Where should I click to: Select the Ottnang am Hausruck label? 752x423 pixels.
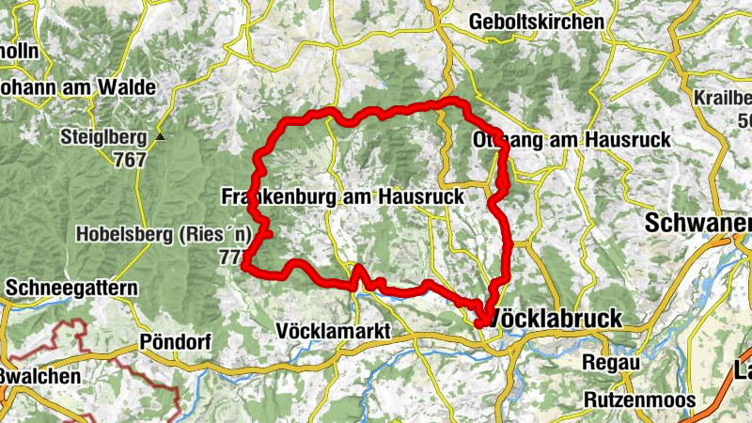(x=569, y=139)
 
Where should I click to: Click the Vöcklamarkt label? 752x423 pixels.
(x=335, y=331)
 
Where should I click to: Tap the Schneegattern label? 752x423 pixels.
(x=70, y=287)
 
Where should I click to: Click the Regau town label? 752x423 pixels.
(x=611, y=363)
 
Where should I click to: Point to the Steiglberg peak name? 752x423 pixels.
(x=102, y=137)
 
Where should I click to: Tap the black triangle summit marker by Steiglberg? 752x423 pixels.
(x=160, y=137)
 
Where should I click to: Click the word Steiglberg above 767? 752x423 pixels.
(x=102, y=137)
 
